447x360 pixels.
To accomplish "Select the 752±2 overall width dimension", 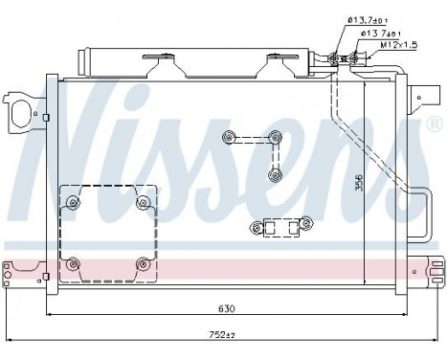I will [x=226, y=336].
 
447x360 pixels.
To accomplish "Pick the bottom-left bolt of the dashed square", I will [x=74, y=262].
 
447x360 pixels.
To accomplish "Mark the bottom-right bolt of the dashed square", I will [x=143, y=262].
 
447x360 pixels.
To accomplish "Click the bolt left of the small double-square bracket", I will [x=254, y=228].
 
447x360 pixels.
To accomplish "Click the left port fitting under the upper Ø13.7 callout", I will [x=336, y=58].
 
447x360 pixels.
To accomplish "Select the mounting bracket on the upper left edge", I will [x=17, y=109].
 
